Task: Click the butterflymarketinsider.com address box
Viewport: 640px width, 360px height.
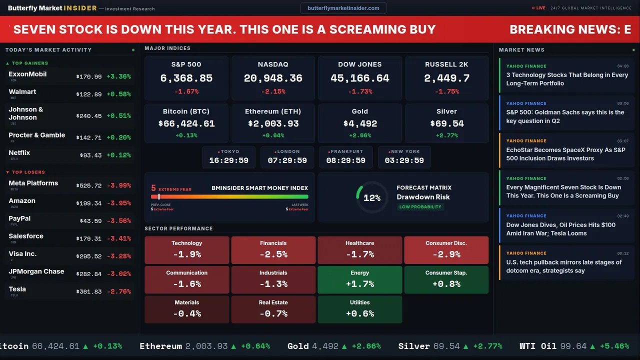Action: click(x=343, y=8)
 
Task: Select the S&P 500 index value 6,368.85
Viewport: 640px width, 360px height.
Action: click(x=186, y=78)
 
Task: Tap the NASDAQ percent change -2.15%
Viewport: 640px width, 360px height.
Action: click(x=273, y=91)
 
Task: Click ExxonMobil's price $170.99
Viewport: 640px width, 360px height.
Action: click(x=89, y=77)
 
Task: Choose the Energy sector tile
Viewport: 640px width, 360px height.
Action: click(x=359, y=279)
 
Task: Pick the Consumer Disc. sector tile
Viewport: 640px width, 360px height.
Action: click(x=446, y=250)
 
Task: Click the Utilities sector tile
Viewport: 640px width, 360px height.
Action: click(x=359, y=309)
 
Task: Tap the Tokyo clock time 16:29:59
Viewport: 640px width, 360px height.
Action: click(x=228, y=160)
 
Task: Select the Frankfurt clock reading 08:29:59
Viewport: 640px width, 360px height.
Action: click(x=345, y=160)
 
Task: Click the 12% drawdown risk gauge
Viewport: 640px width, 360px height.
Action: click(x=372, y=198)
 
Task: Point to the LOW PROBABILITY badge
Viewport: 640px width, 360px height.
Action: click(x=420, y=207)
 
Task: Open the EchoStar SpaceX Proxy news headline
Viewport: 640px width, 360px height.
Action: click(x=565, y=154)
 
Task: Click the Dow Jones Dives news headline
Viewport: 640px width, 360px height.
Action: click(x=560, y=229)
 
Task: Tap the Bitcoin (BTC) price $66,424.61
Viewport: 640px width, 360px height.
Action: click(x=186, y=123)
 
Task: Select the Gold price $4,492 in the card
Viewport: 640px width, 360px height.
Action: click(x=360, y=123)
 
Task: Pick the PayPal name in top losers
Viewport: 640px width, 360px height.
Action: click(x=19, y=218)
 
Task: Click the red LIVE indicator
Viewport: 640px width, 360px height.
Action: click(x=539, y=8)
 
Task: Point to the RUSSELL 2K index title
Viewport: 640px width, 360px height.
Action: click(x=446, y=64)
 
